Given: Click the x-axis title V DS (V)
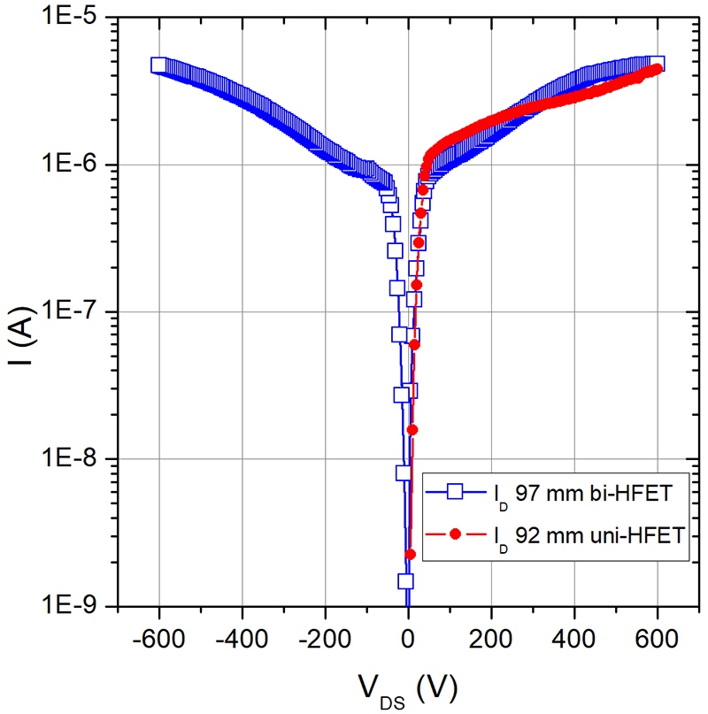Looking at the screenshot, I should [408, 686].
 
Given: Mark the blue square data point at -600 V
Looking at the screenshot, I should [158, 65].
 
